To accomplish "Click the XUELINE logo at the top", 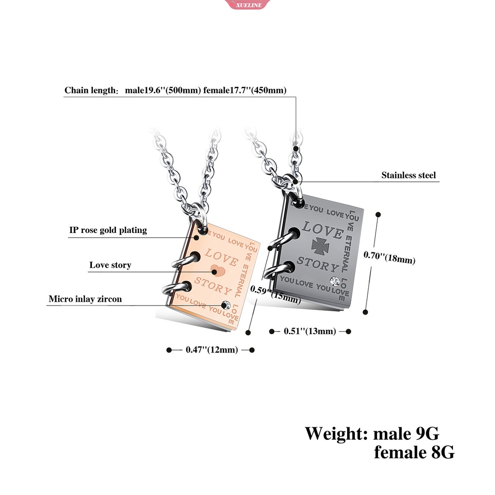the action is coord(247,4).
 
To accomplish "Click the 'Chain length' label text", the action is coord(91,90).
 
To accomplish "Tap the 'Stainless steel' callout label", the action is coord(408,175).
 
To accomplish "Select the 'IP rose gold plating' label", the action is coord(108,230).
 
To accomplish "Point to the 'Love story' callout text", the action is coord(110,265).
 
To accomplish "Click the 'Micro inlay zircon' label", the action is coord(85,299).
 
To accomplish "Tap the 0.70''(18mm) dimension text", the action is coord(389,257).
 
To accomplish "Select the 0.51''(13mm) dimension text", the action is coord(310,331).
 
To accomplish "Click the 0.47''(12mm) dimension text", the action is coord(212,350).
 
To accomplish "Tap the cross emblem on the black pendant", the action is coord(320,246).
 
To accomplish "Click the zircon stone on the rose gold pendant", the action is coord(226,305).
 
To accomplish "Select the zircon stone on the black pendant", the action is coord(335,281).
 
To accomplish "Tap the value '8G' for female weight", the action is coord(443,452).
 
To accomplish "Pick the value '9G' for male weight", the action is coord(427,434).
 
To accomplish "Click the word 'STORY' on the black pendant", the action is coord(318,264).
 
